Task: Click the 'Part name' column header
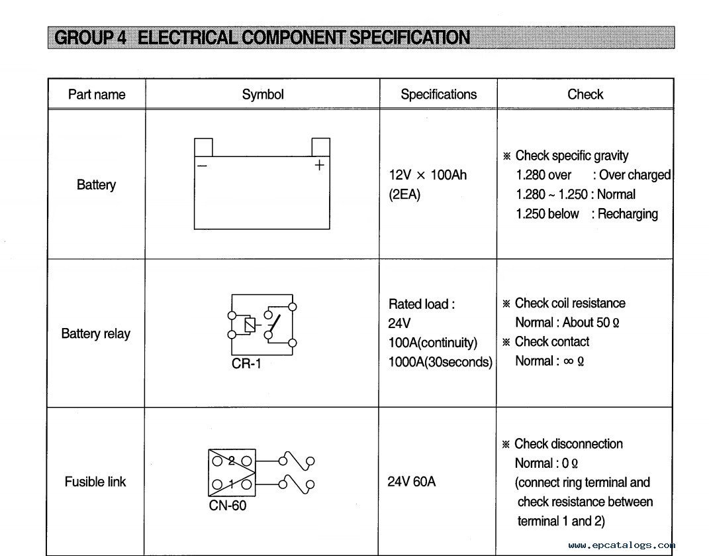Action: coord(96,94)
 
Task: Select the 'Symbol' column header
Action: coord(263,94)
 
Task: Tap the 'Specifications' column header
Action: coord(439,94)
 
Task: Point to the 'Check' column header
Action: coord(585,94)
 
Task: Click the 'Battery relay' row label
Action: coord(95,334)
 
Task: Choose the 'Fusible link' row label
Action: coord(95,481)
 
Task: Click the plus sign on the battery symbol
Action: coord(319,165)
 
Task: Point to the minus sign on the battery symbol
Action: coord(202,165)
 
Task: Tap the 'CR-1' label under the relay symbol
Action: coord(246,364)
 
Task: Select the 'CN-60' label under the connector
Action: coord(228,505)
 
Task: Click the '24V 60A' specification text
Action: coord(412,481)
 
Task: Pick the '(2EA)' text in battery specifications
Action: coord(404,195)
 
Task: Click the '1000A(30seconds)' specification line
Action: coord(440,362)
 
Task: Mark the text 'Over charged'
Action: coord(635,175)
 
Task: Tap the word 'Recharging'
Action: coord(628,213)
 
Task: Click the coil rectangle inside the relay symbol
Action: coord(250,325)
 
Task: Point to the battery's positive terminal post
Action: coord(320,147)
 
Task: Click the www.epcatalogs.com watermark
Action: coord(622,545)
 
